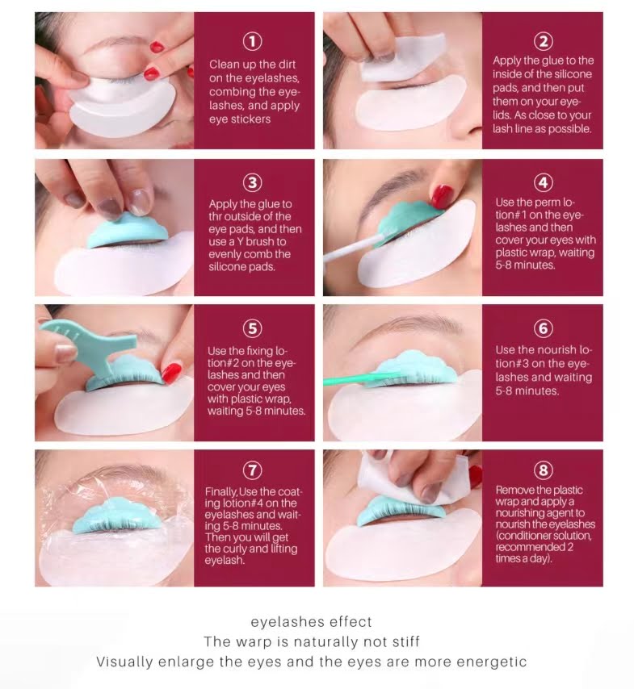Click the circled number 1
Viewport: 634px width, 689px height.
pos(254,40)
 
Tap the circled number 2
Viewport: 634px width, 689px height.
pos(543,40)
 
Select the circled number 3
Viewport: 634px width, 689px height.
pos(254,183)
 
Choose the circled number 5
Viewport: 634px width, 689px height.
pos(254,328)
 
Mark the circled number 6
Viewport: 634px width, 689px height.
pos(543,328)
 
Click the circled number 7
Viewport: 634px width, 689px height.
pos(254,470)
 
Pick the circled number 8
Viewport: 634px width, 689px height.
pos(543,470)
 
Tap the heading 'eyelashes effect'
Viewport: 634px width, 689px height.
pos(312,622)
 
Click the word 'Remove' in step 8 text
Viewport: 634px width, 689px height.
pos(514,490)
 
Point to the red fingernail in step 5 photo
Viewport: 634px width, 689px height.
pos(171,372)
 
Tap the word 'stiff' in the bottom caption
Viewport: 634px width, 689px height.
pos(403,642)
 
